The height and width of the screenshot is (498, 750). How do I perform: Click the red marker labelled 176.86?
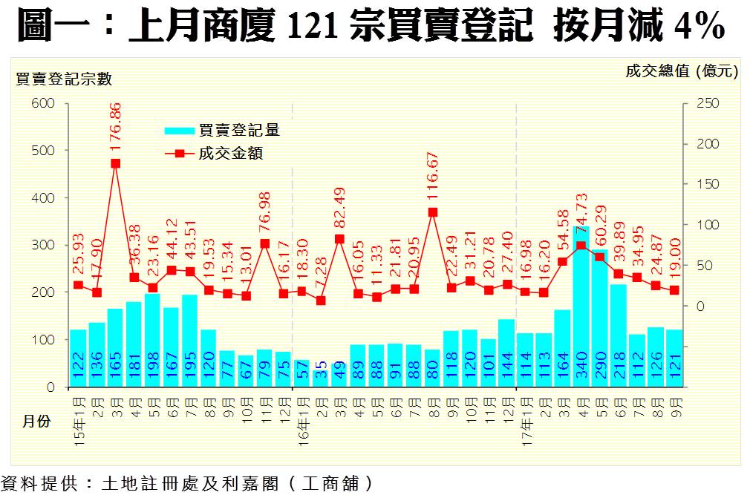pos(116,163)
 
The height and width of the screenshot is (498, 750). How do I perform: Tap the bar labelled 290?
pos(600,319)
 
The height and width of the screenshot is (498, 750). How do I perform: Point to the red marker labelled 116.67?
pos(433,212)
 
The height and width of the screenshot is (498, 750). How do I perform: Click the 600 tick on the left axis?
pos(44,103)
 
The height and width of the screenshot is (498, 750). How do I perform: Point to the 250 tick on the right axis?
pos(708,103)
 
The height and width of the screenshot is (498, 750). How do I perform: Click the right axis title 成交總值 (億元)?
pos(682,71)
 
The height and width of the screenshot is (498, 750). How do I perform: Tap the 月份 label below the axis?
pos(36,421)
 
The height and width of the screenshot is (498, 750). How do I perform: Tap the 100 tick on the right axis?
pos(708,225)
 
